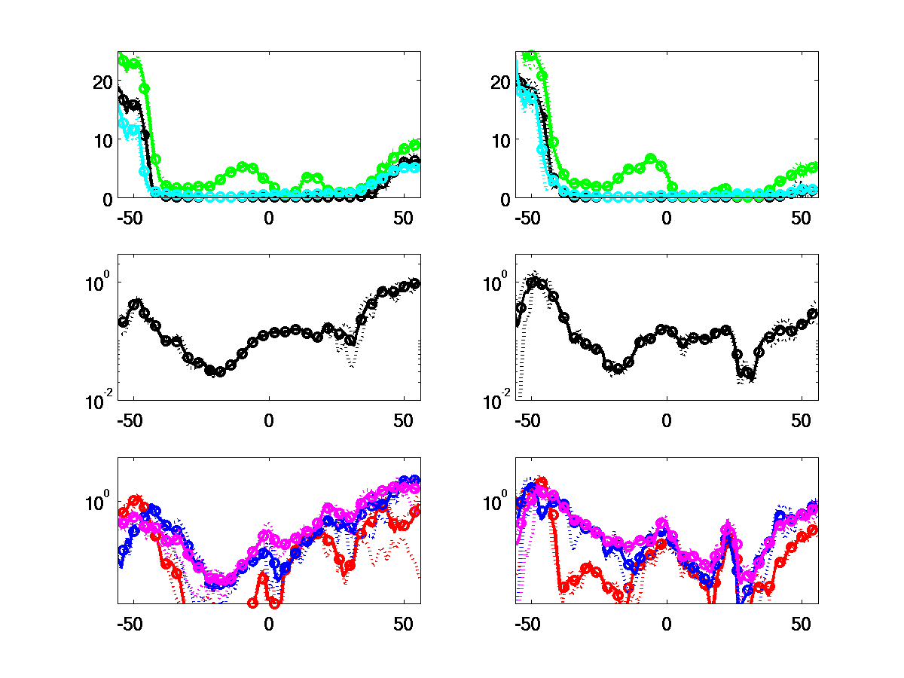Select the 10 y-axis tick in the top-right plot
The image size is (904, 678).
point(500,140)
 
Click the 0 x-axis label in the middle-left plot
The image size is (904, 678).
point(269,420)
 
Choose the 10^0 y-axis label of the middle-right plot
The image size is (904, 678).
point(498,283)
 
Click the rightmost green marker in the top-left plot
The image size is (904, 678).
point(414,145)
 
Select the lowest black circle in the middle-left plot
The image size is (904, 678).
point(220,371)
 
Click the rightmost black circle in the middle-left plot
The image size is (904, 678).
point(415,283)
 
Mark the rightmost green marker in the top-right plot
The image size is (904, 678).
point(813,167)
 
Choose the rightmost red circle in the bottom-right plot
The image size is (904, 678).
point(813,530)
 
